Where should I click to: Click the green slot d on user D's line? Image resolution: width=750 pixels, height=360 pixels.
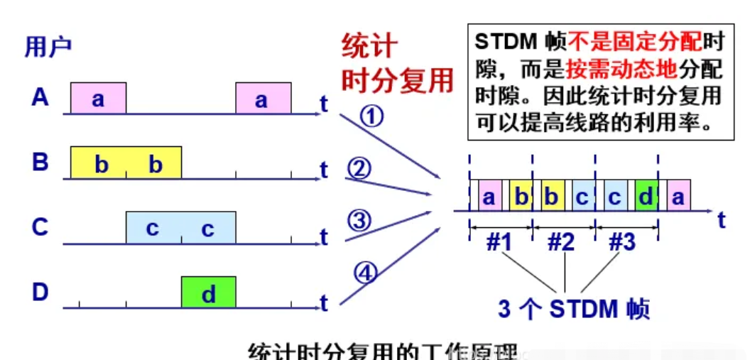coord(208,293)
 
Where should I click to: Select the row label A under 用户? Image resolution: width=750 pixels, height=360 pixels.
coord(40,98)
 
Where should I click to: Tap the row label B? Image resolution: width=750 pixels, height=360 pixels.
coord(40,163)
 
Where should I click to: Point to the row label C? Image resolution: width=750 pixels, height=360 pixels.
coord(40,227)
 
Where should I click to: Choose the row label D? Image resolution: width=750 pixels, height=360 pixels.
coord(40,293)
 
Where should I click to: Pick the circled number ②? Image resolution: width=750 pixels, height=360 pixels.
coord(359,169)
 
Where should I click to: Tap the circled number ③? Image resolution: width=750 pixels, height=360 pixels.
coord(359,221)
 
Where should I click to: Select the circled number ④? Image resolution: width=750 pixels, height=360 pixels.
coord(365,273)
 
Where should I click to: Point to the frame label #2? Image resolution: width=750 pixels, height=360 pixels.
coord(562,242)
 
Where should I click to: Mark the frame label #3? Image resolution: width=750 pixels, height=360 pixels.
coord(624,242)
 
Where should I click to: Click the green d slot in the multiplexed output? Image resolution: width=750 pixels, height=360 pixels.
coord(646,197)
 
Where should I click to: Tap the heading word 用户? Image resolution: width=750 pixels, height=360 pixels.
coord(48,47)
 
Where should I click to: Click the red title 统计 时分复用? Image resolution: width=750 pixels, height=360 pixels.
coord(396,65)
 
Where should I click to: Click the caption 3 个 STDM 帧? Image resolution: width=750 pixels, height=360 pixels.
coord(573,310)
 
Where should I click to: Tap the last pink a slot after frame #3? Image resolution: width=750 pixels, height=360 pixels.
coord(678,197)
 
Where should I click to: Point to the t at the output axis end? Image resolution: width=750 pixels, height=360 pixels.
coord(721,220)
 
